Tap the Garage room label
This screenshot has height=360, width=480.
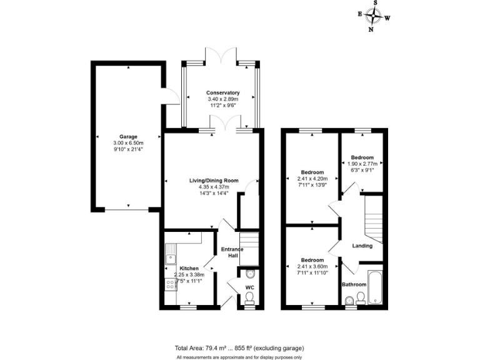point(128,137)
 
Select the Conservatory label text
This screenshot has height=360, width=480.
point(223,92)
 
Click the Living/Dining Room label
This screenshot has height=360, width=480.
point(214,180)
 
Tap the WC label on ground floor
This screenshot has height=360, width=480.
point(249,287)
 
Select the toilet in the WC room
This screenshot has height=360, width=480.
point(250,274)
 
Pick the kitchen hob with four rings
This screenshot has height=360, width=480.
point(170,284)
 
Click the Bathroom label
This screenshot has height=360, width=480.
point(354,284)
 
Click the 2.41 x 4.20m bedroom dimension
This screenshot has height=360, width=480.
point(312,179)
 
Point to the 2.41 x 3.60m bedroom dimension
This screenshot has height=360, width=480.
point(312,266)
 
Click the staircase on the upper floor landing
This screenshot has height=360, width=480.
point(372,219)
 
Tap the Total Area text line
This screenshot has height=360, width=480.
point(239,347)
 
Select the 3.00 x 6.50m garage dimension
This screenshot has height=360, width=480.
point(128,143)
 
